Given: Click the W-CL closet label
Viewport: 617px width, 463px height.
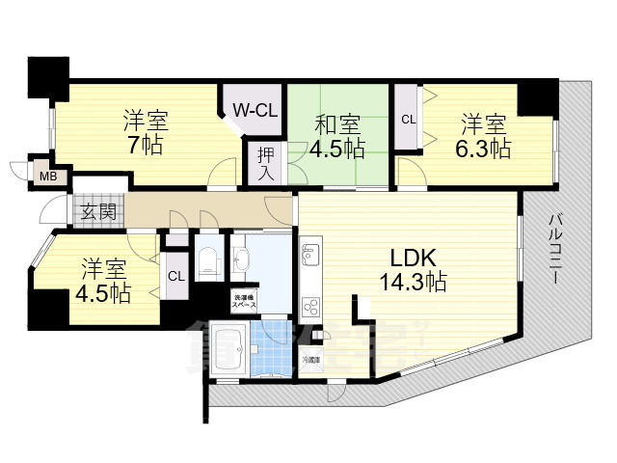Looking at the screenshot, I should pos(255,111).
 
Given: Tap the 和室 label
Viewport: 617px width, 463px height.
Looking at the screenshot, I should pos(335,124).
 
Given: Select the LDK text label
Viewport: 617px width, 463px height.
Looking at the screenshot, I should pos(416,258).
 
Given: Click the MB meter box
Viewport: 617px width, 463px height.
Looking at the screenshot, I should pos(46,176).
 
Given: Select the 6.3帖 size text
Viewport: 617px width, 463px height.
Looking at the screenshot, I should pos(483,149).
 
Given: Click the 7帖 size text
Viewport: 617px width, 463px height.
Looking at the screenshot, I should pos(144,147).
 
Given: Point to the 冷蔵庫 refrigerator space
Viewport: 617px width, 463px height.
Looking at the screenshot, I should pos(310,360).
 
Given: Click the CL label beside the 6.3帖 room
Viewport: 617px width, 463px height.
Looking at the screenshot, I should pos(409,120).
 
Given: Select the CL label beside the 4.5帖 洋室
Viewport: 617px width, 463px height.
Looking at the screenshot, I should pos(175,276).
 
